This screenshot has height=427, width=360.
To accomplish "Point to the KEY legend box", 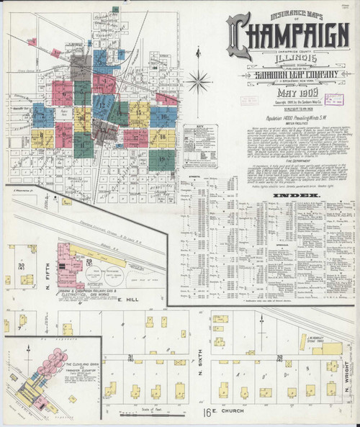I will (x=201, y=140).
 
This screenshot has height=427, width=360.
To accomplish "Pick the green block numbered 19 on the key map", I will (x=162, y=158).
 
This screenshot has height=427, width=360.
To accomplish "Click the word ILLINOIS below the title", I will (x=285, y=61).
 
